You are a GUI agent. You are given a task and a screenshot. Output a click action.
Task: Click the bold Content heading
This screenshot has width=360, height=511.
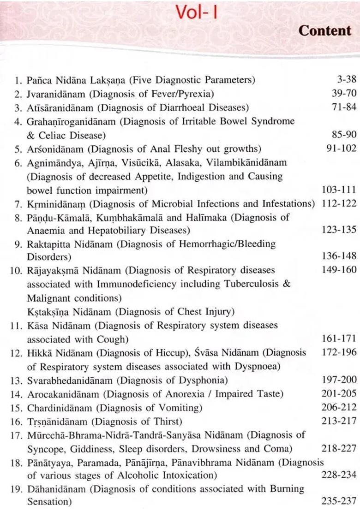(324, 31)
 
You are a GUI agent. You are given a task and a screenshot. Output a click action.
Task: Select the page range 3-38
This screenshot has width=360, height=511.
(346, 79)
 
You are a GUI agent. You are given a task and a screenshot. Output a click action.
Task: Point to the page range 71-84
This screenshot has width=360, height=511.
(344, 107)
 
